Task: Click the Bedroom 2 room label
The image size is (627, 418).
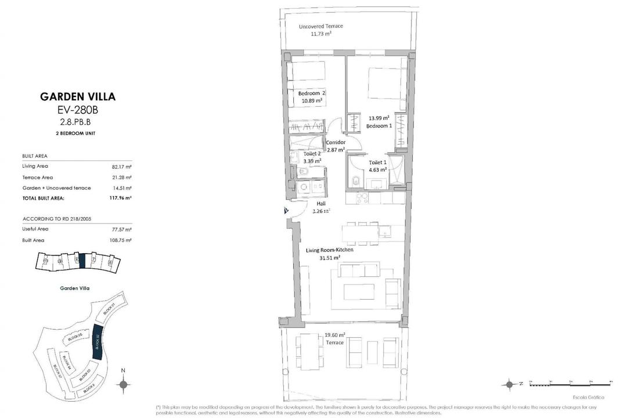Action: pos(312,93)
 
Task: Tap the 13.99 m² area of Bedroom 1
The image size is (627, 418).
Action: pos(379,118)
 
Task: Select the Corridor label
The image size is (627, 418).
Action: pos(336,142)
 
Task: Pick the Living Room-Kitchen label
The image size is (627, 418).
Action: pos(330,250)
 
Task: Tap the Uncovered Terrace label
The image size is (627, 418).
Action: pos(321,27)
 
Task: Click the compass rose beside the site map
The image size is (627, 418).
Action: pos(122,383)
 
